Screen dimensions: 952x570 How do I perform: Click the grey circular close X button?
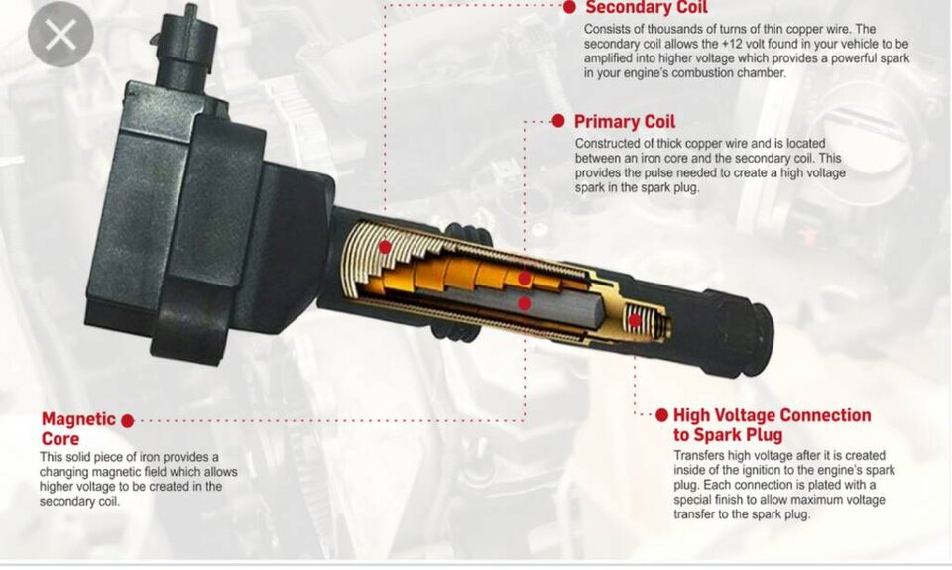pyautogui.click(x=60, y=34)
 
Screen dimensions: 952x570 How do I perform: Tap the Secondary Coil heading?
pyautogui.click(x=647, y=7)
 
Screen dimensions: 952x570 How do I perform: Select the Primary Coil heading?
pyautogui.click(x=625, y=121)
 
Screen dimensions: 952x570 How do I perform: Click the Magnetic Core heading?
pyautogui.click(x=78, y=428)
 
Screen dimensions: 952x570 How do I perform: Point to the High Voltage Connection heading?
pyautogui.click(x=772, y=425)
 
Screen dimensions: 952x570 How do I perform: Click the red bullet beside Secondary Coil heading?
pyautogui.click(x=569, y=7)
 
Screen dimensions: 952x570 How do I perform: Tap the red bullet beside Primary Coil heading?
pyautogui.click(x=558, y=121)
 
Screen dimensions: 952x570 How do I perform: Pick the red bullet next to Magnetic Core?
pyautogui.click(x=128, y=420)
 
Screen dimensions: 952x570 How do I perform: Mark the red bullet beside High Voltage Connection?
pyautogui.click(x=661, y=415)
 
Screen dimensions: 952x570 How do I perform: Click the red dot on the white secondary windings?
pyautogui.click(x=385, y=247)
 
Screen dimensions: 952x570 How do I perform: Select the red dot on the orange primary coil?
pyautogui.click(x=525, y=279)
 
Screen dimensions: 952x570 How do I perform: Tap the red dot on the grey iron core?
pyautogui.click(x=525, y=303)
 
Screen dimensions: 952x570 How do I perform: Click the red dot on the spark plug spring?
pyautogui.click(x=635, y=320)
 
